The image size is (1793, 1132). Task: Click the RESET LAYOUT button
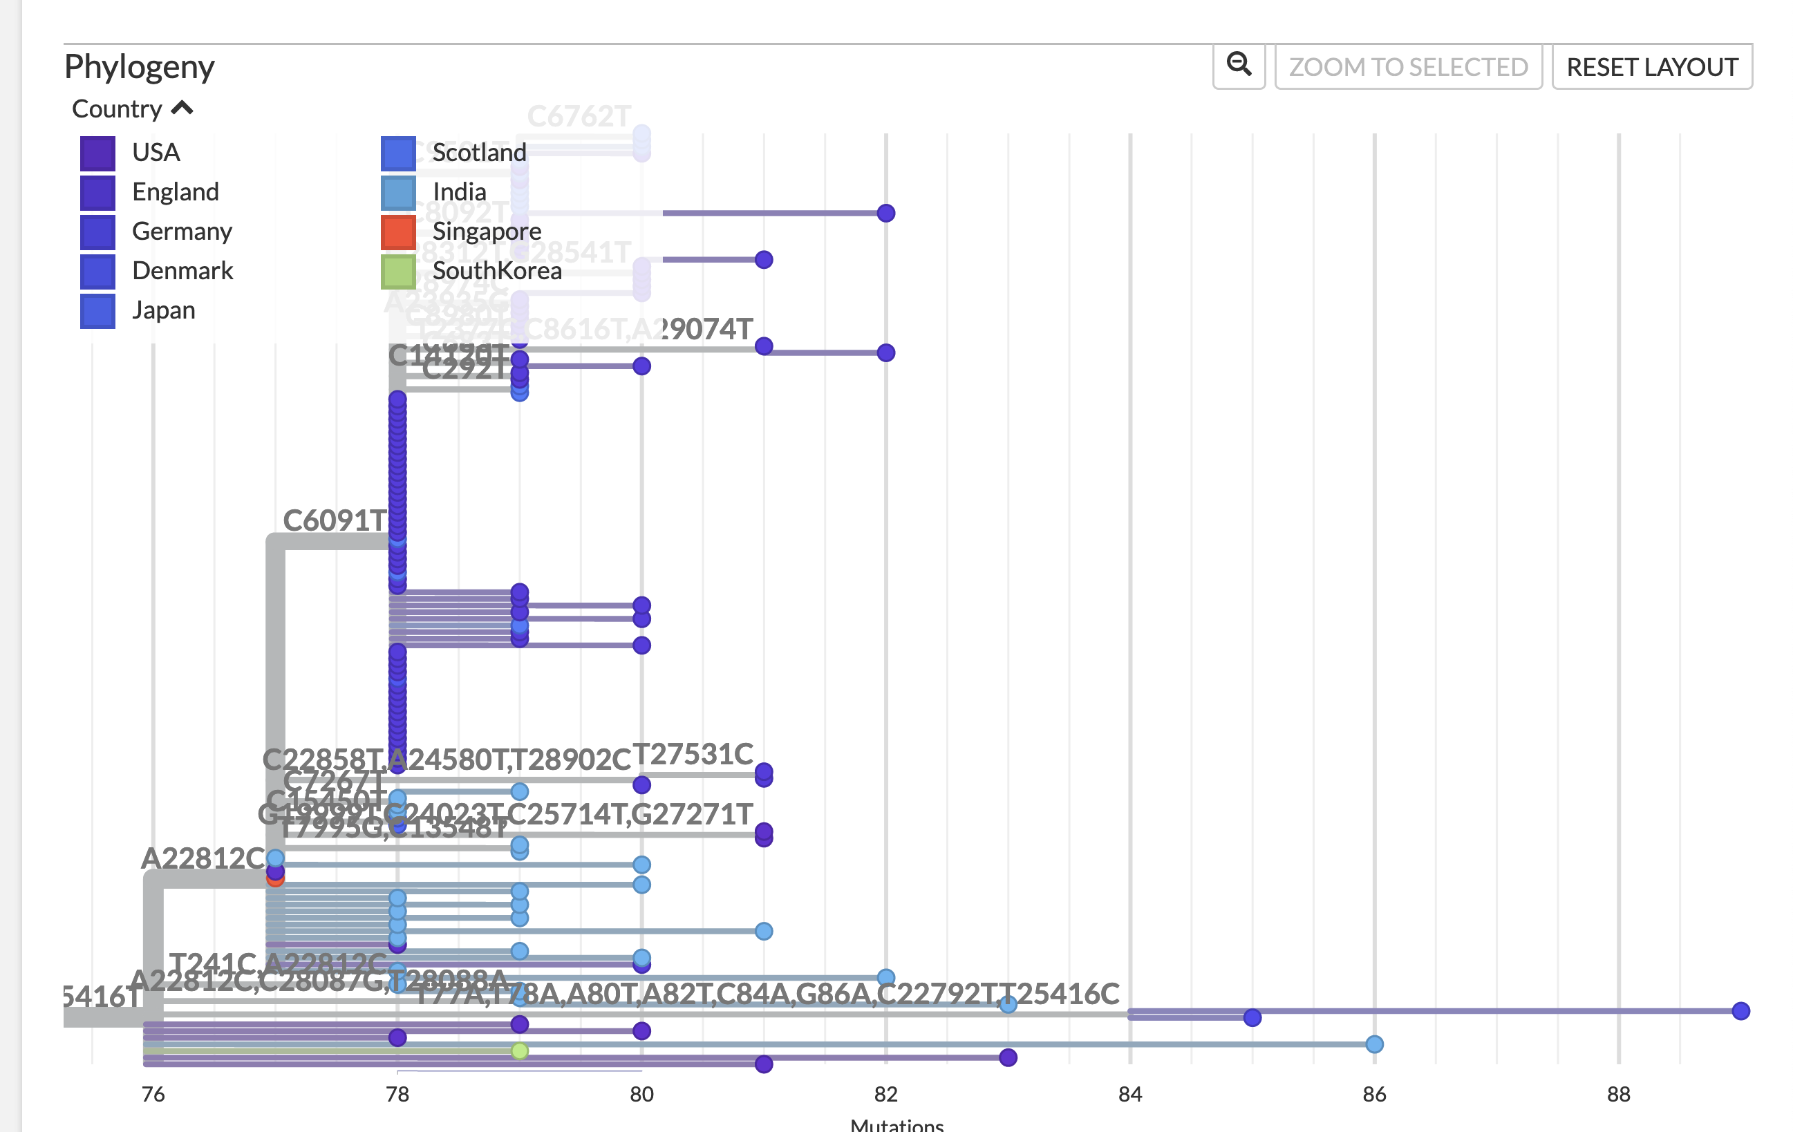pos(1651,67)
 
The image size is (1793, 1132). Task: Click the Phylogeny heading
pos(139,66)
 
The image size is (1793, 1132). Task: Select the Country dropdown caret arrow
pos(182,109)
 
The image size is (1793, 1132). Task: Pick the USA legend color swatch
pos(97,153)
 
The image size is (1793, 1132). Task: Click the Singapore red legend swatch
pos(397,232)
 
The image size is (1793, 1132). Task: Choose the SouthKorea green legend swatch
pos(397,271)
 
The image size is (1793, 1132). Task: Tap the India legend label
pos(459,192)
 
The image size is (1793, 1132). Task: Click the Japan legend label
pos(163,310)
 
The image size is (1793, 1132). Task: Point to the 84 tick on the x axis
pos(1129,1093)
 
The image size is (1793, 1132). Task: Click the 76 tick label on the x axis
pos(153,1093)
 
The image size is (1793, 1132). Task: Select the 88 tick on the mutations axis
pos(1618,1093)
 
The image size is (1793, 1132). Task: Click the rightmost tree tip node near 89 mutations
pos(1740,1010)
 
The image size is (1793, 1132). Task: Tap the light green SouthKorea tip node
pos(520,1050)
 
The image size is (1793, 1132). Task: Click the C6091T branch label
pos(335,520)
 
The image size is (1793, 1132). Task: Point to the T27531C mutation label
pos(693,754)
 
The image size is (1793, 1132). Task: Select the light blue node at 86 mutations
pos(1374,1044)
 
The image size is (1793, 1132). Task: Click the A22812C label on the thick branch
pos(203,858)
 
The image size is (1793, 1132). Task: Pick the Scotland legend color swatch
pos(397,153)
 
